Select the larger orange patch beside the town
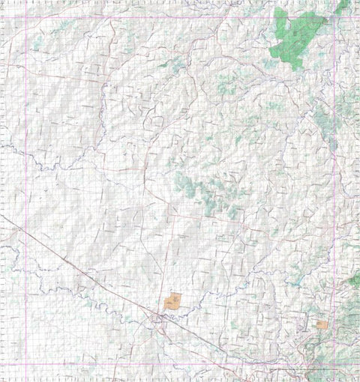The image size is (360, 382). [172, 302]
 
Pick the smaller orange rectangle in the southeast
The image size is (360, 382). [322, 324]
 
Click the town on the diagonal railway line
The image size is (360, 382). [160, 318]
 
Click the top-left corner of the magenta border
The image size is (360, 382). [26, 16]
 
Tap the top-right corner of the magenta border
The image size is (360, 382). [333, 16]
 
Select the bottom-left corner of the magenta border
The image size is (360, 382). [26, 365]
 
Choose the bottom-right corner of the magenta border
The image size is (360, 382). [333, 365]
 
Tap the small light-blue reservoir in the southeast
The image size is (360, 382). [298, 282]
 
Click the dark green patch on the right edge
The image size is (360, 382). [355, 280]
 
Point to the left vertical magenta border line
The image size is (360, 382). [26, 150]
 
